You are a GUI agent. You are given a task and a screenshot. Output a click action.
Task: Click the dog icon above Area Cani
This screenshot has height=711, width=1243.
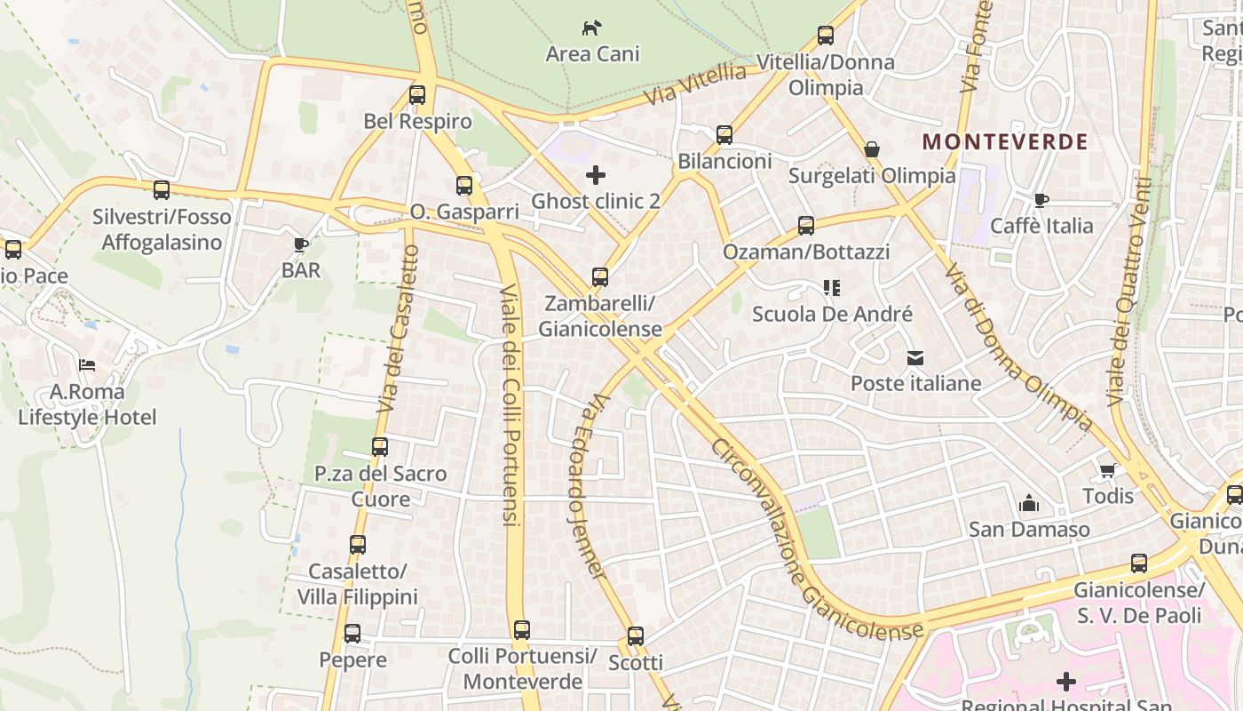592,28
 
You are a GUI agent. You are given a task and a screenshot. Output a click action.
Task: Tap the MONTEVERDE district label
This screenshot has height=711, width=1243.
1005,142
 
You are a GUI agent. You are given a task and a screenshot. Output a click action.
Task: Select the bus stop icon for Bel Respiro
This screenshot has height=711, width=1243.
417,95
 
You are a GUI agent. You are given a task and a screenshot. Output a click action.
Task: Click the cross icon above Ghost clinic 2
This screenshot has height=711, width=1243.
596,175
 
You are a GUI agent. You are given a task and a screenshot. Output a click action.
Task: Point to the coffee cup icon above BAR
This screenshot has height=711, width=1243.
301,244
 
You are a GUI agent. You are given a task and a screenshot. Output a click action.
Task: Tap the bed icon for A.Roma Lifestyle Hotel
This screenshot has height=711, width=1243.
87,365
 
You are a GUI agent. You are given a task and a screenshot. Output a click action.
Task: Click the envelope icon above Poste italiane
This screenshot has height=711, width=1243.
915,358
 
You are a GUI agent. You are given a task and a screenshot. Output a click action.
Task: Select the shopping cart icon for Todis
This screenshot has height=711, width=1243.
1107,470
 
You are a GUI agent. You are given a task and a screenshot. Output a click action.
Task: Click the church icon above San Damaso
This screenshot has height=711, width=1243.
1029,504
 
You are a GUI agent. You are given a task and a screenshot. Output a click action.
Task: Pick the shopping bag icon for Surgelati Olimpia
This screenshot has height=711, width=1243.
872,149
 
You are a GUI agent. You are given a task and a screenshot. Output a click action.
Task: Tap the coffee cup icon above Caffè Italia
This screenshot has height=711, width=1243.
1041,200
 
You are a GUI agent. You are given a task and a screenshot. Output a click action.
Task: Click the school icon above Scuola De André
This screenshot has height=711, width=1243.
831,288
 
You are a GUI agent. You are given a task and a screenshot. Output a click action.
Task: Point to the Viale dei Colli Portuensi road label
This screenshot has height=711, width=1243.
510,404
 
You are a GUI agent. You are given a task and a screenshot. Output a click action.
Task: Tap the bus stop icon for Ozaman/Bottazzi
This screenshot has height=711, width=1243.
806,226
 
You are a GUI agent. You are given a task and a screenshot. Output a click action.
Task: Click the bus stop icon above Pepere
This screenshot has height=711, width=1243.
352,634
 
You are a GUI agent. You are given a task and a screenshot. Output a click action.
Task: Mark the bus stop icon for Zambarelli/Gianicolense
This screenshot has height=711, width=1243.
600,277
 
